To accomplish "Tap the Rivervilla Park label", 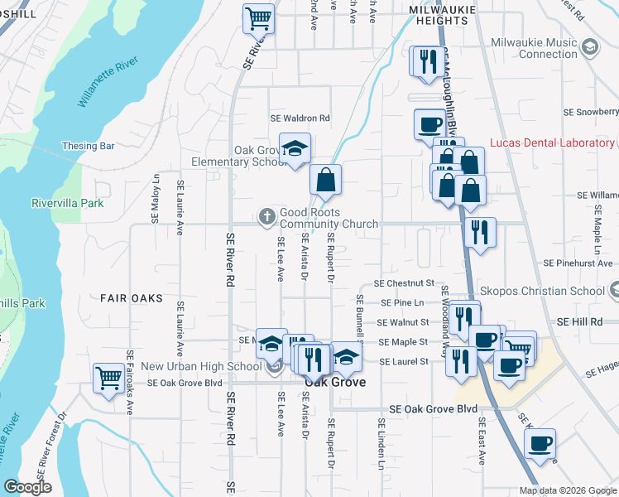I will pyautogui.click(x=67, y=203).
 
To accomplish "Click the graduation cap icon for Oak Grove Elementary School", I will pyautogui.click(x=295, y=148).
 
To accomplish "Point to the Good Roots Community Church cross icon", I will pyautogui.click(x=266, y=217).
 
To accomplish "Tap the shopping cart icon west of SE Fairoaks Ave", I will pyautogui.click(x=108, y=379).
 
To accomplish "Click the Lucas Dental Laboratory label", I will pyautogui.click(x=552, y=143).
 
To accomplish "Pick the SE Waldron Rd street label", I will pyautogui.click(x=300, y=118).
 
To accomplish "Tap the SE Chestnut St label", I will pyautogui.click(x=404, y=283).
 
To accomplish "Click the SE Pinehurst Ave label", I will pyautogui.click(x=579, y=263).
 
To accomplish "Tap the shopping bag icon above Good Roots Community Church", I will pyautogui.click(x=326, y=180).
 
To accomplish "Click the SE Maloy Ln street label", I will pyautogui.click(x=155, y=199).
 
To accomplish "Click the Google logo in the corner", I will pyautogui.click(x=27, y=487).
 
